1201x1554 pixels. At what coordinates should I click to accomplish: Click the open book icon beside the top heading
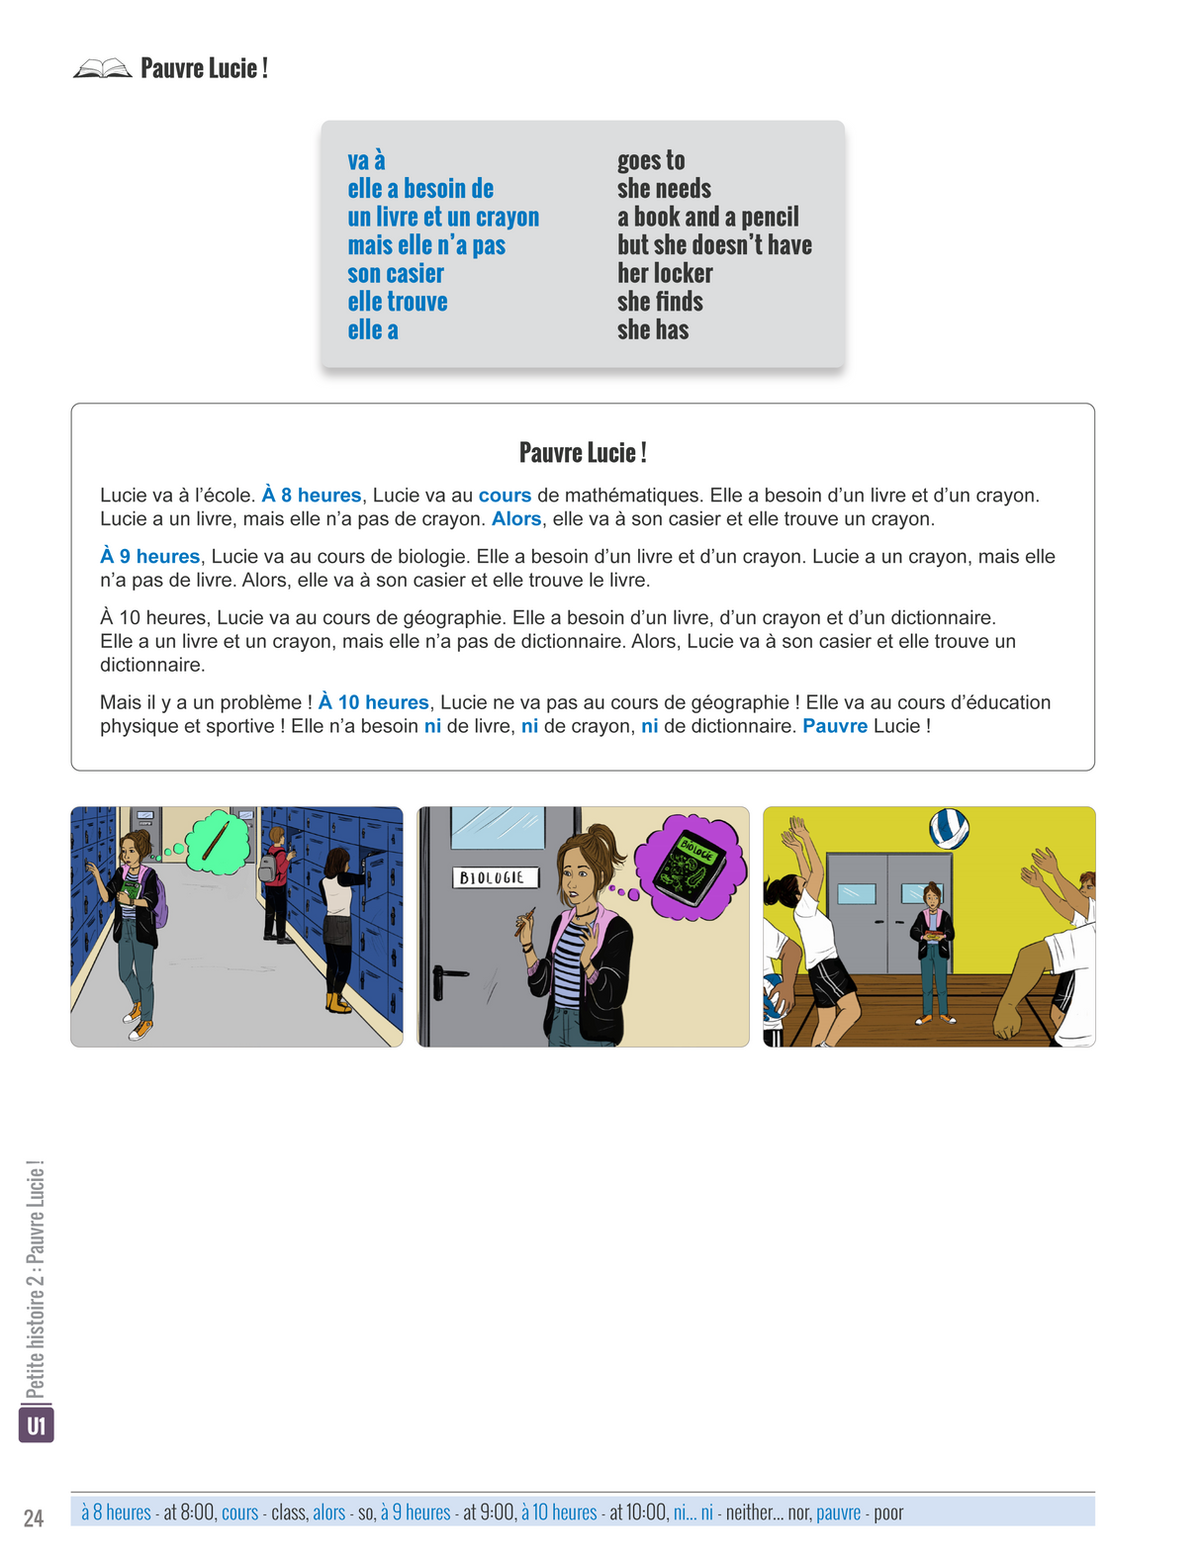point(102,68)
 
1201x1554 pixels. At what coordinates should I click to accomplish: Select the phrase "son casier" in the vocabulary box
point(396,274)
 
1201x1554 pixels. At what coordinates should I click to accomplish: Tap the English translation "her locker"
point(665,274)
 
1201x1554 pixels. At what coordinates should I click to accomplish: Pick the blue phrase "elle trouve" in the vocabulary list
point(398,302)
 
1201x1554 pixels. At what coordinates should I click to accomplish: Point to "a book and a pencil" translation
point(707,217)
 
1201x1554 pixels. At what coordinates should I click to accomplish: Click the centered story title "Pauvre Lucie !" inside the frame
point(583,453)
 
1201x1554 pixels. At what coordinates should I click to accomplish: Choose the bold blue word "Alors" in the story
point(516,519)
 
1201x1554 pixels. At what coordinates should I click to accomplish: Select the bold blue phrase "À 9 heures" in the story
point(150,557)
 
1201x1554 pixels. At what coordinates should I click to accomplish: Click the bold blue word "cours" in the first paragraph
point(505,496)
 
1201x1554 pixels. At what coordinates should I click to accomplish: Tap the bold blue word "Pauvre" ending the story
point(835,726)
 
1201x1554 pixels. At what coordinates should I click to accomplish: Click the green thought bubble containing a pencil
point(219,842)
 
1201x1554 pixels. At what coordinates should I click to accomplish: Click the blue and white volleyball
point(949,828)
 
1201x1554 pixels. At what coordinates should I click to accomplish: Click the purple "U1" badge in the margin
point(37,1425)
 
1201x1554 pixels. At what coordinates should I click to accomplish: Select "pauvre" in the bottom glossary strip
point(838,1512)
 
